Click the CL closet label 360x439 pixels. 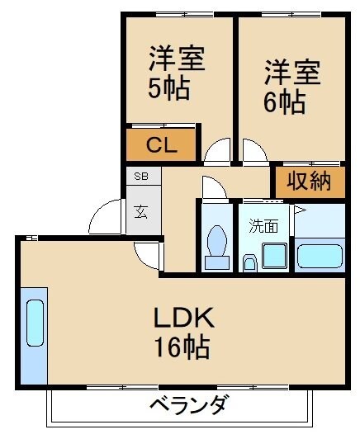tap(161, 146)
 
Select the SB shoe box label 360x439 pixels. tap(142, 177)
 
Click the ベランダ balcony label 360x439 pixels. tap(188, 405)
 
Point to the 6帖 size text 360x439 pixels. tap(286, 102)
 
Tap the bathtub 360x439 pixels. tap(320, 255)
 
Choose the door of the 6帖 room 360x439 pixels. tap(254, 152)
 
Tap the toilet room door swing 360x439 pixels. tap(211, 188)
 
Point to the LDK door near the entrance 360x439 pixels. tap(150, 255)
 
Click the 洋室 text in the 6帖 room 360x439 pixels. tap(291, 73)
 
